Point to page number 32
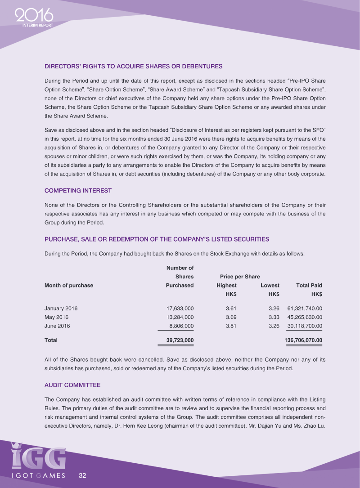point(82,475)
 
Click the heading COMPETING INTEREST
point(78,190)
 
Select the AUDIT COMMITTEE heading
point(72,385)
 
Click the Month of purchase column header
point(69,285)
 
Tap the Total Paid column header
point(309,285)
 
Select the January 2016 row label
point(61,309)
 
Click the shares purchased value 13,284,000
point(180,317)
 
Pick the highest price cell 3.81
point(230,326)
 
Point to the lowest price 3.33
point(274,317)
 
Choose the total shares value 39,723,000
point(180,340)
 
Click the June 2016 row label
point(57,326)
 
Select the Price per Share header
point(239,276)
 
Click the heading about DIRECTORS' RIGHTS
point(133,66)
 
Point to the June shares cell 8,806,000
point(181,326)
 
